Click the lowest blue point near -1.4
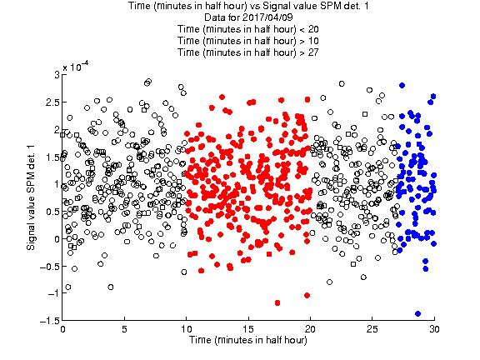pos(417,313)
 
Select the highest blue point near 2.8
pos(402,85)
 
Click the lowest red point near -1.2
pos(277,302)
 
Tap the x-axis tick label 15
pos(248,329)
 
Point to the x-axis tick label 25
pos(372,329)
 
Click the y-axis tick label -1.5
pos(50,321)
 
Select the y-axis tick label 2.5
pos(52,102)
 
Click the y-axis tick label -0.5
pos(50,266)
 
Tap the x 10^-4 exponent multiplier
pos(76,67)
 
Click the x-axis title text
pos(248,340)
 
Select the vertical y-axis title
pos(31,197)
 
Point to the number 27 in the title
pos(313,52)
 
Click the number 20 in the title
pos(313,29)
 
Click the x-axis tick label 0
pos(62,329)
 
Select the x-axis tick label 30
pos(434,329)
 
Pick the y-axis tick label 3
pos(57,75)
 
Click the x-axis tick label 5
pos(125,329)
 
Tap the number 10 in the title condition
pos(313,41)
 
